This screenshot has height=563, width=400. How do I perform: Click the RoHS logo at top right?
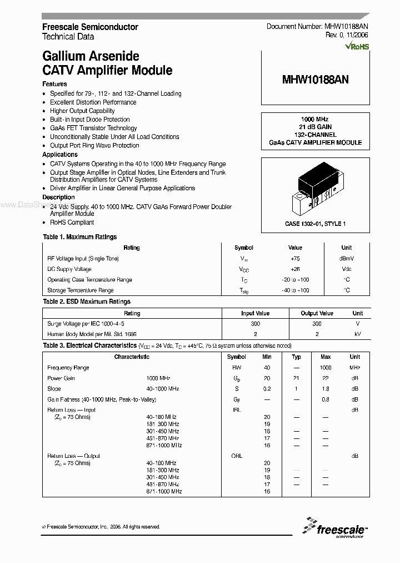point(357,47)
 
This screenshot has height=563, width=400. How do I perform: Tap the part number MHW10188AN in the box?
point(316,80)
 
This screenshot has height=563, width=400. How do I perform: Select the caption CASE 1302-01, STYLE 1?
point(316,224)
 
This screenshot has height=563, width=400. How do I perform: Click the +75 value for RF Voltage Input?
point(295,258)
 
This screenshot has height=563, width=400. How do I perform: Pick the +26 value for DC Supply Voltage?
point(295,269)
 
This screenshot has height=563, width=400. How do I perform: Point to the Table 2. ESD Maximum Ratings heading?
point(87,302)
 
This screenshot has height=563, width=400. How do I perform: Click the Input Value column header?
point(255,313)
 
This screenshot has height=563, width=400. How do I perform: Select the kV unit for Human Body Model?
point(357,334)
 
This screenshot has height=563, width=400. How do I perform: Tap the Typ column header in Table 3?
point(297,357)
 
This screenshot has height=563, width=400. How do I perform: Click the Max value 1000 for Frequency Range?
point(326,368)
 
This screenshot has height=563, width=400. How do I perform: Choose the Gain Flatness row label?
point(102,399)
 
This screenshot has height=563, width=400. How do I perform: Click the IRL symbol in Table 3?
point(237,410)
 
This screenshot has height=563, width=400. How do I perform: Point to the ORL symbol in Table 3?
point(237,456)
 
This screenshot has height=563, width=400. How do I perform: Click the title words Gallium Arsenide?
point(91,56)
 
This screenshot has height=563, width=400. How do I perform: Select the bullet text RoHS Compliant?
point(72,222)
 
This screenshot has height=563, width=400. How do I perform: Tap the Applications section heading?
point(60,154)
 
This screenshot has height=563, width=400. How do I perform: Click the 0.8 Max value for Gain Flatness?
point(326,399)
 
